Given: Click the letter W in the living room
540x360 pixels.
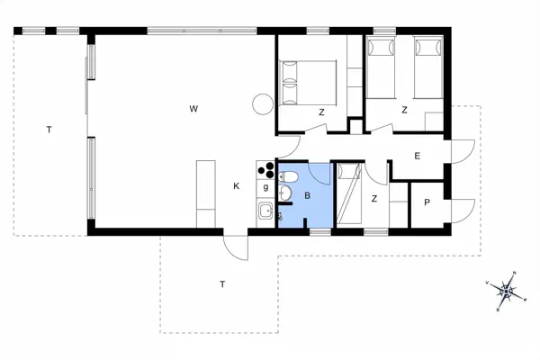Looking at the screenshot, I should pos(193,109).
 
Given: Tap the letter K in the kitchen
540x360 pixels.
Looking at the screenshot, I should pos(237,186).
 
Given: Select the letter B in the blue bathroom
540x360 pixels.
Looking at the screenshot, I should pos(308,195).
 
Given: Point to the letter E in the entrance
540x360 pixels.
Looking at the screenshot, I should pos(418,156).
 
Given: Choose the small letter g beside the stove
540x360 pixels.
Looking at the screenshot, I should pos(266,186).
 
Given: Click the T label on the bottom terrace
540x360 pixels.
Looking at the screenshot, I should pos(221,284).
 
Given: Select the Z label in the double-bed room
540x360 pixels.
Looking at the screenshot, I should pos(321,112).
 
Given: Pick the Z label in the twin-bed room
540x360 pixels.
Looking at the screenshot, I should pos(404,110).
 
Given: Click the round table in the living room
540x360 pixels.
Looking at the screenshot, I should pos(262,104).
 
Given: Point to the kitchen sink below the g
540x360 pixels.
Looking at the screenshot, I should pos(265,212).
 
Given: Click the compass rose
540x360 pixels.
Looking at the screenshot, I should pos(508,290).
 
